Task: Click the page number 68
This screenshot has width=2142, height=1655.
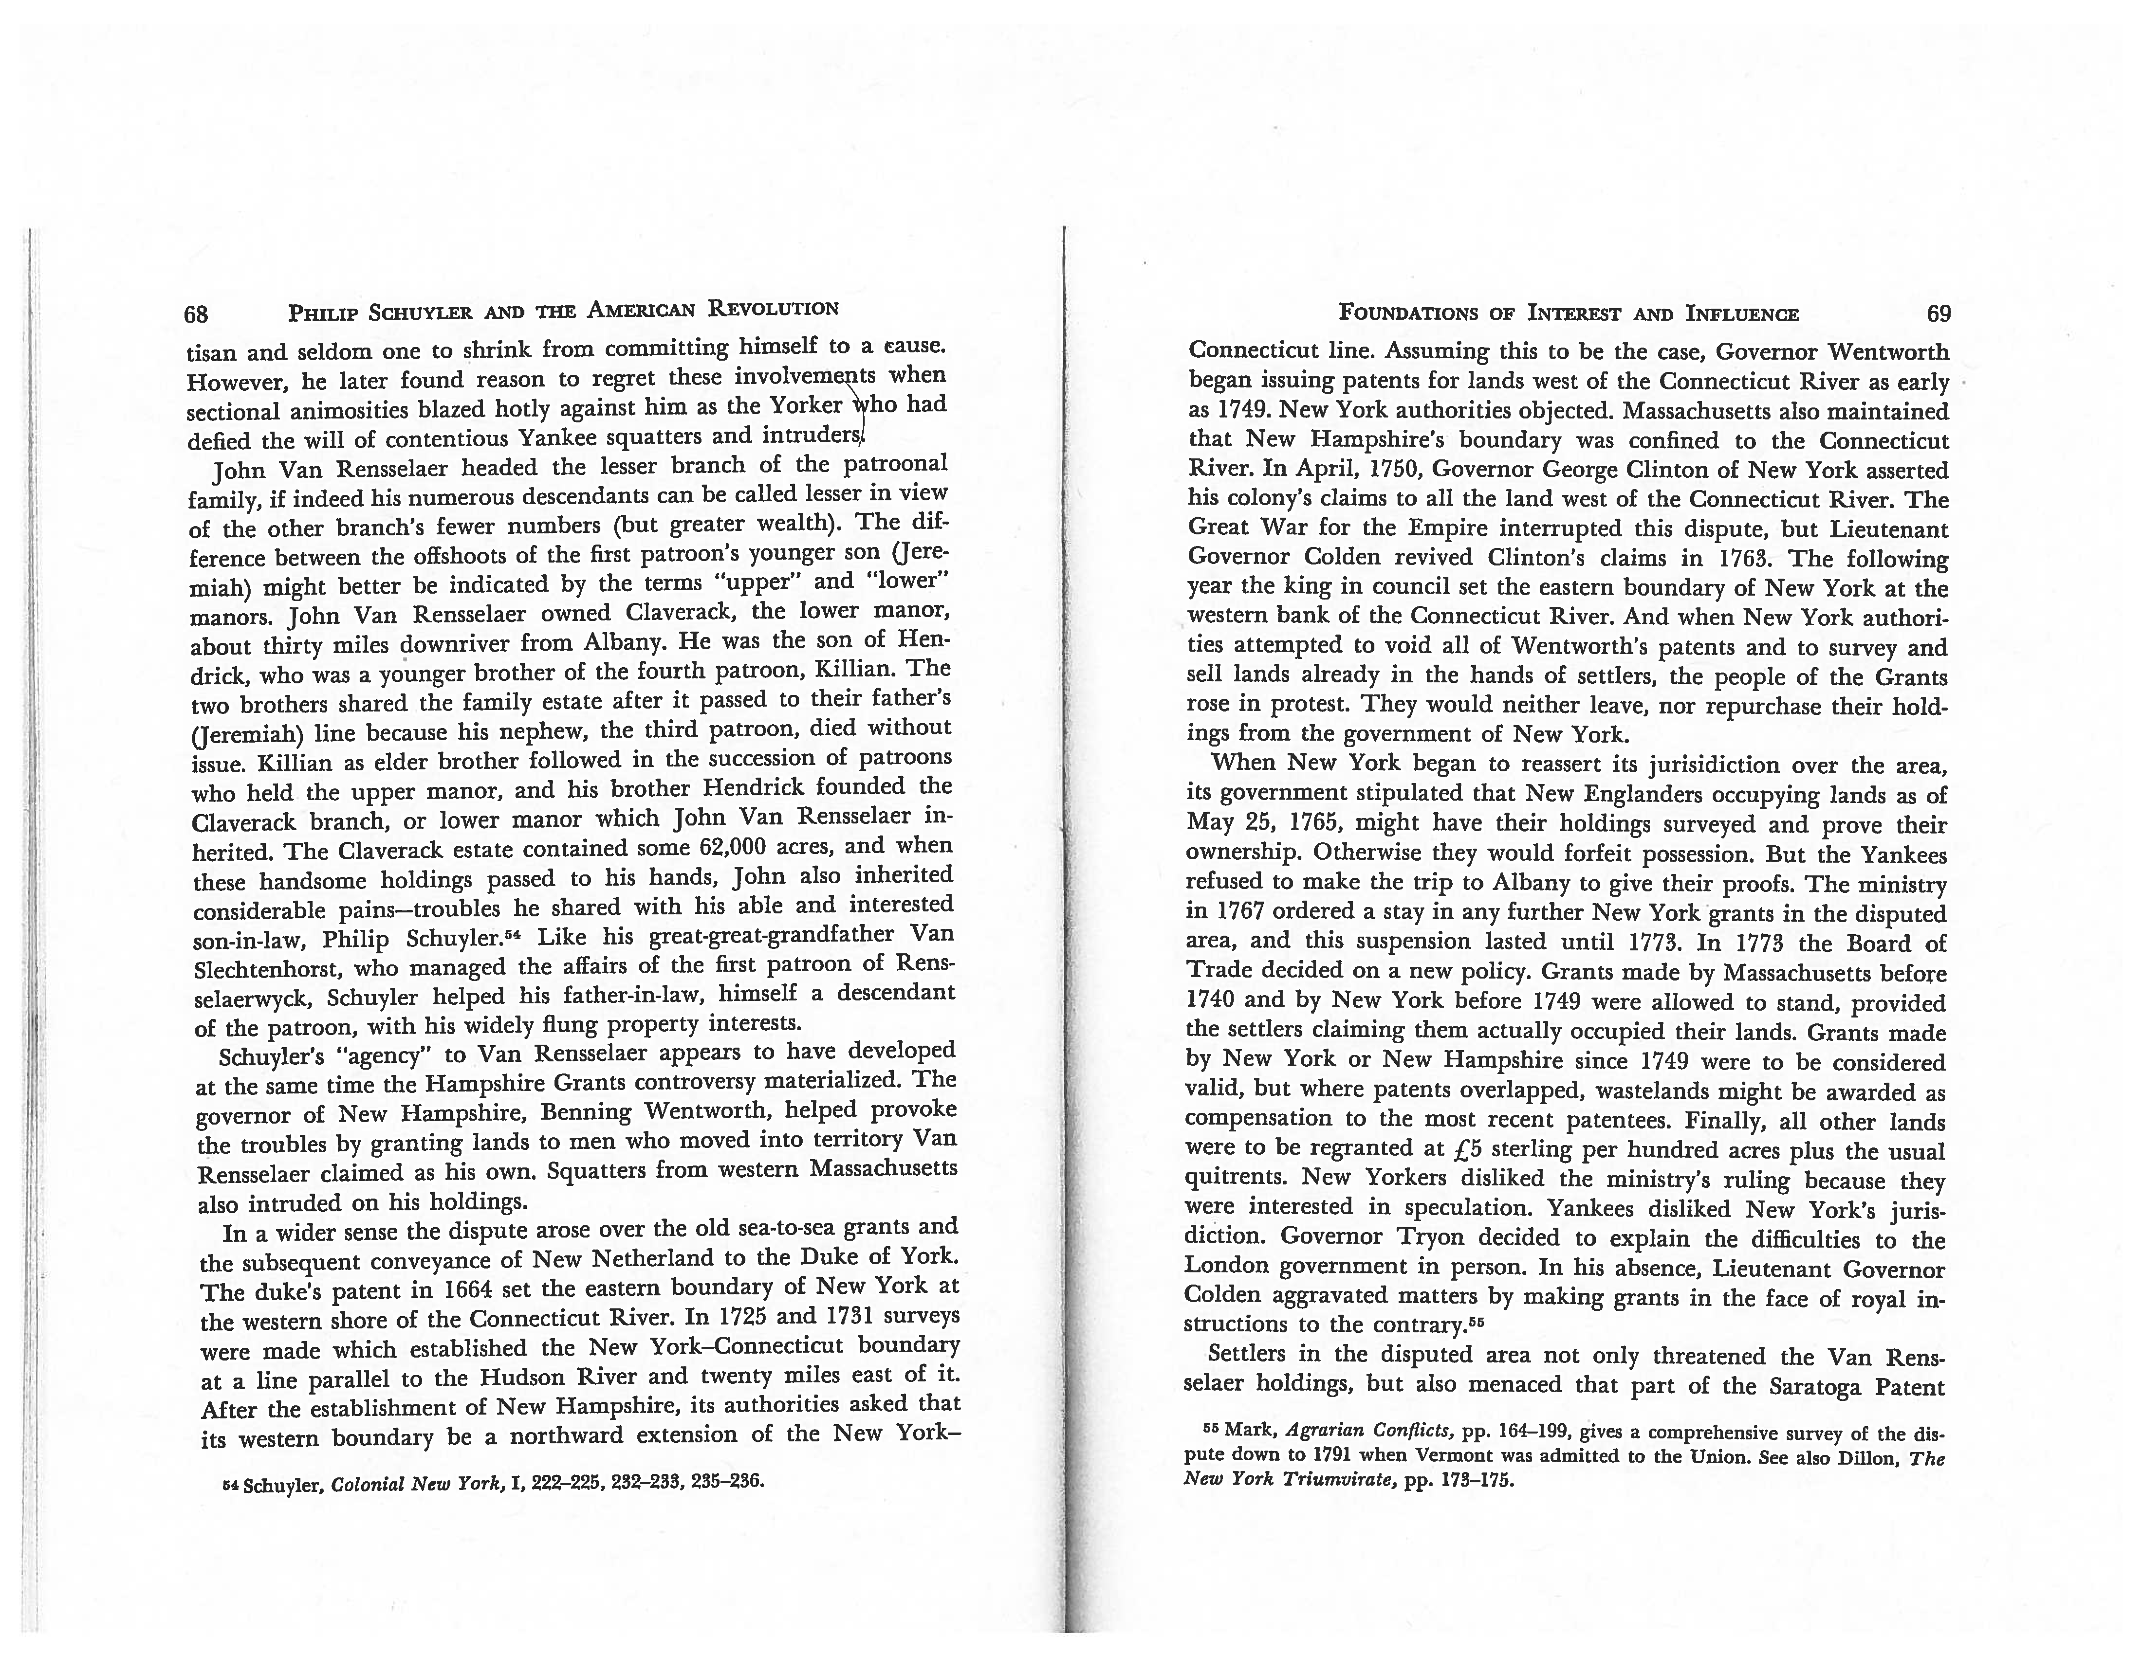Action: pos(196,314)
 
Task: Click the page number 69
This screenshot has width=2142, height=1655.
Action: pos(1938,314)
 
